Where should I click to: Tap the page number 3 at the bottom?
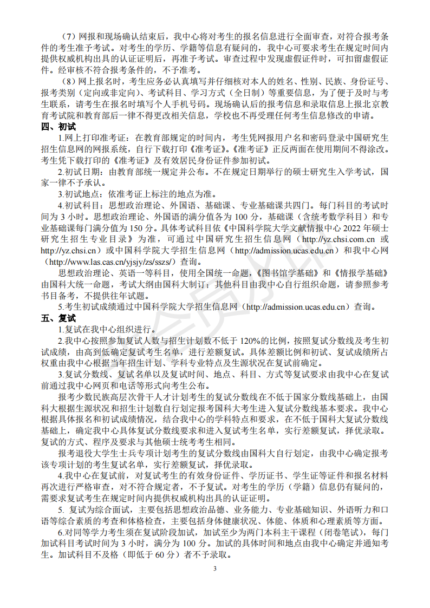point(215,568)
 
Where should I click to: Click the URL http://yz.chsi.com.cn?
point(338,239)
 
